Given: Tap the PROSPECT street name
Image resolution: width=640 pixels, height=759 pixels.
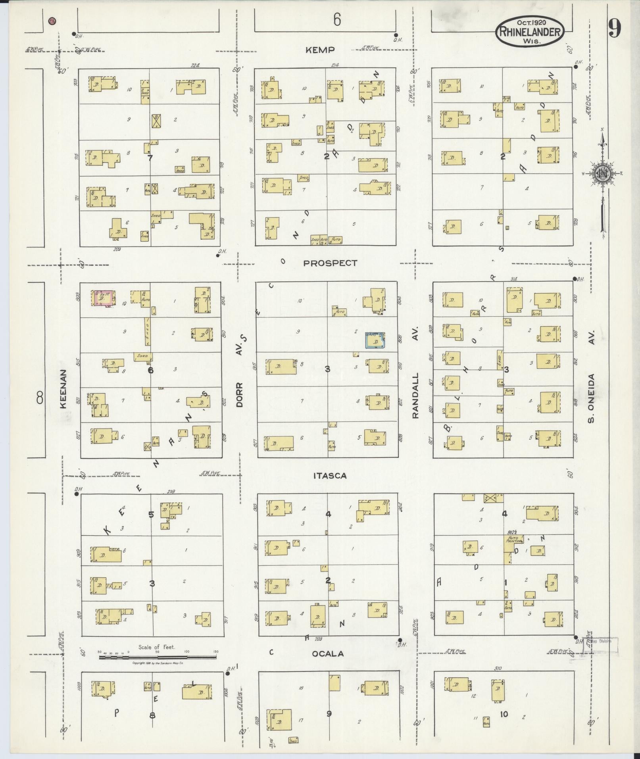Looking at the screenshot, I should pos(330,263).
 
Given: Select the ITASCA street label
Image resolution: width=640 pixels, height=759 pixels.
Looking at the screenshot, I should pos(330,476).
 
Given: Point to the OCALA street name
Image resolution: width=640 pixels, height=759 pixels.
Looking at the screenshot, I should pos(328,654).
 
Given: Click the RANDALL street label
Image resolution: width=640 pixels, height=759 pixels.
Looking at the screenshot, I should pos(415,395).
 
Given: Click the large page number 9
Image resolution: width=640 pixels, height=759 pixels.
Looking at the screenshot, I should pos(615,28).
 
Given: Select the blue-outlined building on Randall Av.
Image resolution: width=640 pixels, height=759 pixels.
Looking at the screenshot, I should pos(375,340).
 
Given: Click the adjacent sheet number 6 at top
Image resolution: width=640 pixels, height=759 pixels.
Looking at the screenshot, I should pos(337,19).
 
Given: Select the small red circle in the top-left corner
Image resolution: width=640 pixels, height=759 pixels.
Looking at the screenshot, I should pos(52,21).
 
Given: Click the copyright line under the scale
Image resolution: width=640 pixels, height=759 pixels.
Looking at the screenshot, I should pos(158,663).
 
